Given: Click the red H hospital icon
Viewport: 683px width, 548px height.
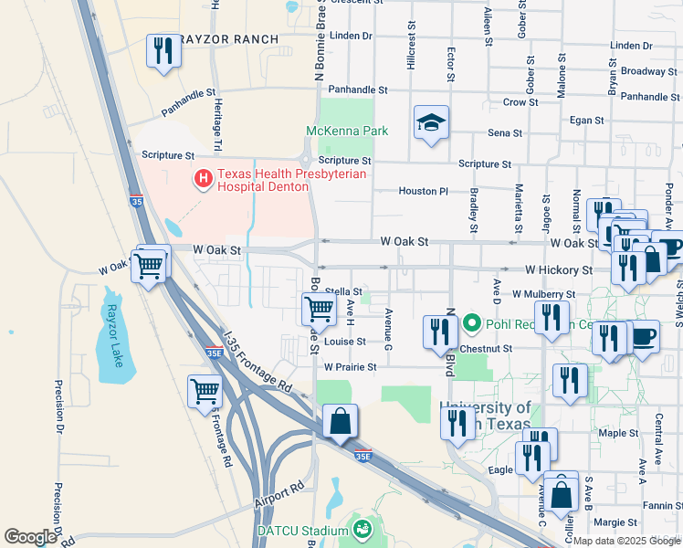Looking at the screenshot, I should coord(204,179).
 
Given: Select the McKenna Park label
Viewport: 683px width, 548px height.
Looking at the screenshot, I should coord(346,132).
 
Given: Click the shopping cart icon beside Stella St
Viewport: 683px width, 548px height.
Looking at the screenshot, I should coord(319,308).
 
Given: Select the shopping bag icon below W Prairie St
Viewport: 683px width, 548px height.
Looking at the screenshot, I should coord(340,422).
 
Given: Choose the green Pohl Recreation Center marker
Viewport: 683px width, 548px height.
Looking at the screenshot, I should coord(472,322).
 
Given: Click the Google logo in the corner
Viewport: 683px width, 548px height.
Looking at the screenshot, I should coord(30,537).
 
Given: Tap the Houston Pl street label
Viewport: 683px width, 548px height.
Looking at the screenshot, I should coord(423,192).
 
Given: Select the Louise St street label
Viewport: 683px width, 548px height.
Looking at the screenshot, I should coord(344,342).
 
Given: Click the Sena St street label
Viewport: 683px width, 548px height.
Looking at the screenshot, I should coord(504,133).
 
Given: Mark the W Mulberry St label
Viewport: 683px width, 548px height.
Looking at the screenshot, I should coord(544,295).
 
